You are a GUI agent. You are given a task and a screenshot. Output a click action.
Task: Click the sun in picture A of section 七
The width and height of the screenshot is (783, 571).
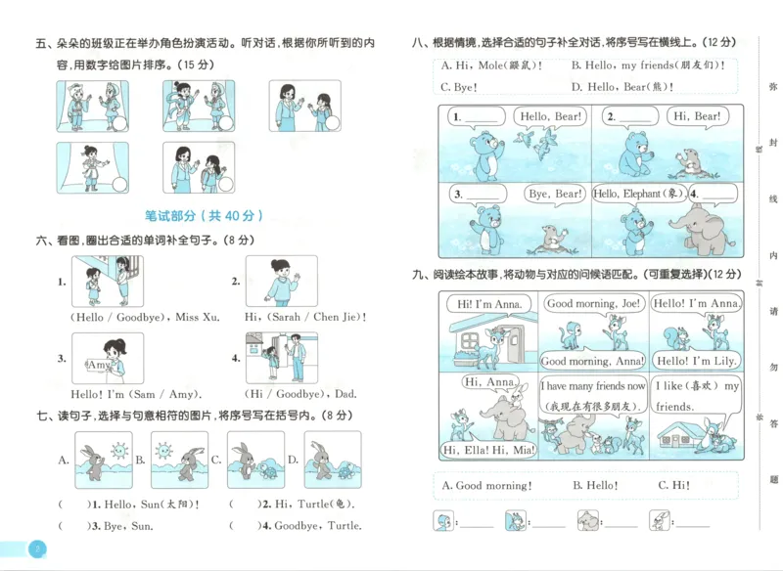(119, 451)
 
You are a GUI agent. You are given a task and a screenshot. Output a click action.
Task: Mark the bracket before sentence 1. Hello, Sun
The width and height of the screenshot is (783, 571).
(71, 505)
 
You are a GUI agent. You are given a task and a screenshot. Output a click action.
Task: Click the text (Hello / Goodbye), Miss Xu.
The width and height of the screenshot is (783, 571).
(145, 317)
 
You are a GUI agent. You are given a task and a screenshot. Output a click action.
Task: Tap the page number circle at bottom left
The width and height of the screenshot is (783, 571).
(36, 548)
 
